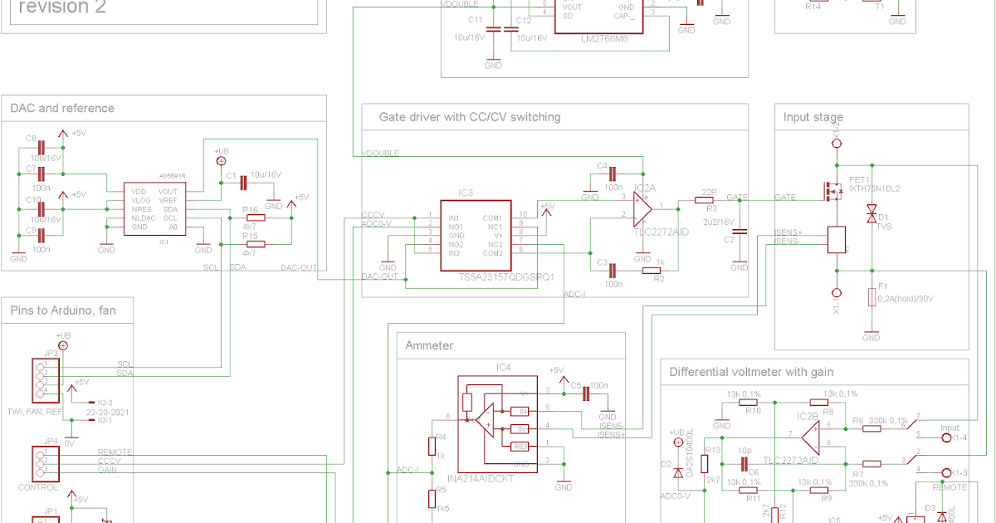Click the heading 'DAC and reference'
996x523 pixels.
tap(62, 108)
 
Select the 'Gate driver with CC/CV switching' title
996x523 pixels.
tap(470, 117)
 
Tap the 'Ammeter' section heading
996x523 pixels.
tap(429, 345)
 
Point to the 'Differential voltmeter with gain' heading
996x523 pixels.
tap(751, 372)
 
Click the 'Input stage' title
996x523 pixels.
tap(813, 117)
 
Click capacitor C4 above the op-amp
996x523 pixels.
tap(613, 174)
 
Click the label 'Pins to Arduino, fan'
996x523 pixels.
tap(63, 310)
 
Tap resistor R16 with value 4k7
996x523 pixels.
tap(254, 218)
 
